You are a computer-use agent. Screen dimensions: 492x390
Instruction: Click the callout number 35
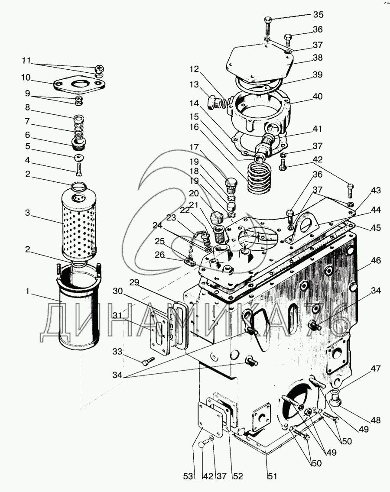318,14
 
